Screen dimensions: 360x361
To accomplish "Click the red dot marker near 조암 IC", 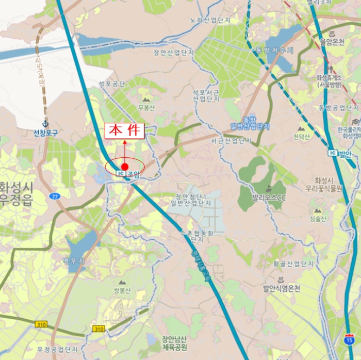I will click(x=125, y=167).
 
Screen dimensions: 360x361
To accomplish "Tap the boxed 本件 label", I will click(x=124, y=130).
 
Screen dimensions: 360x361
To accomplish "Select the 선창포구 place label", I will click(x=46, y=133).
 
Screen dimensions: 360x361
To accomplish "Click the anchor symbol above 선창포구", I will click(x=45, y=124).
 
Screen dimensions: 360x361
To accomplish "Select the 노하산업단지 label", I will click(x=209, y=20).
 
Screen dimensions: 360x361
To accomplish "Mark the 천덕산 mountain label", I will click(x=301, y=137).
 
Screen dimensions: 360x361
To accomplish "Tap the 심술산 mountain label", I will click(x=318, y=219).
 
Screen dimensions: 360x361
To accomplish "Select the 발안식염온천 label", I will click(x=281, y=288).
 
